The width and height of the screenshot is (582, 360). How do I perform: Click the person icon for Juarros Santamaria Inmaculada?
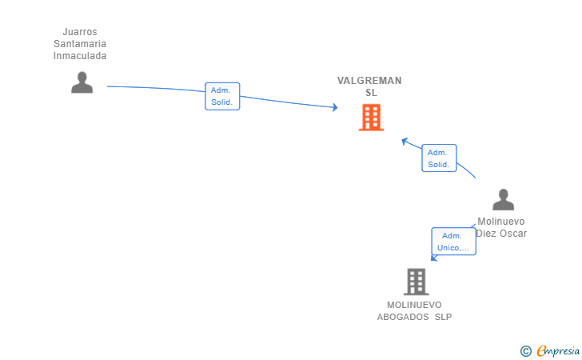click(82, 82)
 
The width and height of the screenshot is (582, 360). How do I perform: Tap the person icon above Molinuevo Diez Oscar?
click(503, 200)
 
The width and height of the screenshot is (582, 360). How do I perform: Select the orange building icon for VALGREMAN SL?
click(370, 118)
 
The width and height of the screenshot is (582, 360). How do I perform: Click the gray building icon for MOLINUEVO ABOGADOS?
click(416, 282)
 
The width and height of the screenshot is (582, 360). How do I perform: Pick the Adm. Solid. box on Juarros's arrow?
click(222, 97)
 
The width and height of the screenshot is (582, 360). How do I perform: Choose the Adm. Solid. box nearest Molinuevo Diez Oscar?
click(438, 158)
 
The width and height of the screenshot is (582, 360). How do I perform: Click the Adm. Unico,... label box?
click(453, 242)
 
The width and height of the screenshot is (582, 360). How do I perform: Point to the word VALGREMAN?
click(369, 81)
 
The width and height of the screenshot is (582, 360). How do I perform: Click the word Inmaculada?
click(80, 56)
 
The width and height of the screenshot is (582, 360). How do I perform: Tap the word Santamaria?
click(80, 44)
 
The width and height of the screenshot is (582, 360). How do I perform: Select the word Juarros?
click(80, 32)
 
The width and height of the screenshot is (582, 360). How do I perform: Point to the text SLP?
click(443, 317)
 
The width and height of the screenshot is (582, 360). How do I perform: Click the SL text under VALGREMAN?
click(371, 93)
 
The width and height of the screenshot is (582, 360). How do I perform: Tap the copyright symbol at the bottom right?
click(525, 351)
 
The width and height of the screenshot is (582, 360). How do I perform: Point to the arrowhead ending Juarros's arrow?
click(334, 107)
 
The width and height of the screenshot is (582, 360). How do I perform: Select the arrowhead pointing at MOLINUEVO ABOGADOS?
click(433, 258)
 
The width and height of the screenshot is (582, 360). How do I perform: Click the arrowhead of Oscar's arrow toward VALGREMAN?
click(405, 141)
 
